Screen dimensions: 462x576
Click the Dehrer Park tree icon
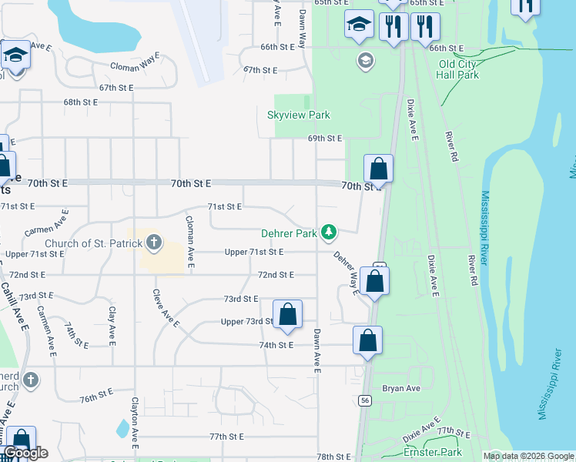329,232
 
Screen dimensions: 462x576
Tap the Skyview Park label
298,115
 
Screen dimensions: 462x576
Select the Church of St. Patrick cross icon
153,243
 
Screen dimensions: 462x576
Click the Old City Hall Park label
457,69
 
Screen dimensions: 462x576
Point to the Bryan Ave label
401,389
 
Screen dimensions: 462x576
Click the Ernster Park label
432,452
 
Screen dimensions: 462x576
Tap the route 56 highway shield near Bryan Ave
363,400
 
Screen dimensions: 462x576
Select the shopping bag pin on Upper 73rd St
287,314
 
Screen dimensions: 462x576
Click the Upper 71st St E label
254,252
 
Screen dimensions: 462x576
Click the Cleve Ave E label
166,310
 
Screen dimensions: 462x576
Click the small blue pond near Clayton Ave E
122,427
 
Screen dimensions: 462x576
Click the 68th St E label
81,102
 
